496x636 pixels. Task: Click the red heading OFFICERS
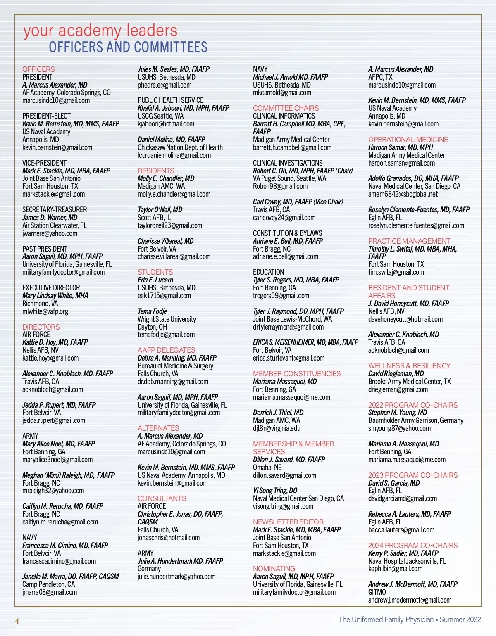(x=38, y=69)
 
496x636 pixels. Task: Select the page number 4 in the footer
(x=17, y=621)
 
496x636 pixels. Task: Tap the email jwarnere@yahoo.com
(x=50, y=233)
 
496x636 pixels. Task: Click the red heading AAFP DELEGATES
(x=166, y=350)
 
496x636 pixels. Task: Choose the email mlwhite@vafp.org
(x=45, y=311)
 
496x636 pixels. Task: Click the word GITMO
(x=377, y=592)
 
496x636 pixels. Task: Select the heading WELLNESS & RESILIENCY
(x=409, y=366)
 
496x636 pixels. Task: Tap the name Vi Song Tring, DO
(x=275, y=491)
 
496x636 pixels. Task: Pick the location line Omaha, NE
(x=267, y=468)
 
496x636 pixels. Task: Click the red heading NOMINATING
(x=274, y=569)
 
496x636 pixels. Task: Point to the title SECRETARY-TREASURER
(x=55, y=210)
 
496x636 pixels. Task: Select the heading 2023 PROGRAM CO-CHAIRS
(x=413, y=475)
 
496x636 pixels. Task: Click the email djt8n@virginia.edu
(x=277, y=428)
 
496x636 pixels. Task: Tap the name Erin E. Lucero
(x=155, y=280)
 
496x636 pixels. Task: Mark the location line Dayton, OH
(x=152, y=327)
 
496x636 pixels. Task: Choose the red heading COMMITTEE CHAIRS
(x=286, y=108)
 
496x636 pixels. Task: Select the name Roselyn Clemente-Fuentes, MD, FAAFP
(x=419, y=210)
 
